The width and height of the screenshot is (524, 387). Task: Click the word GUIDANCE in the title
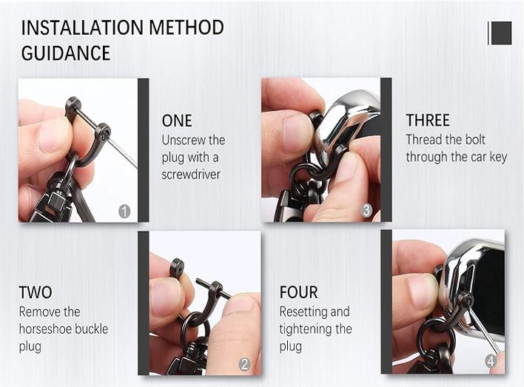(x=65, y=53)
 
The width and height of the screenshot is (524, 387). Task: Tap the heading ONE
(x=176, y=121)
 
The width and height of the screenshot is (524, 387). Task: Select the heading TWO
(x=36, y=292)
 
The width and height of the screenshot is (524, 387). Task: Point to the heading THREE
(x=427, y=120)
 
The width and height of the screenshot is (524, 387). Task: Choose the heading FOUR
(x=298, y=292)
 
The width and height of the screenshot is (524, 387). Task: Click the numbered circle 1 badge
(x=124, y=212)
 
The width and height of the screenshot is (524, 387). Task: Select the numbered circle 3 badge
(x=366, y=211)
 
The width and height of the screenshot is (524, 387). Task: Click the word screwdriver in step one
(x=191, y=175)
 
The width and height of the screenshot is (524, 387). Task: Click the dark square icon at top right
(x=501, y=33)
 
